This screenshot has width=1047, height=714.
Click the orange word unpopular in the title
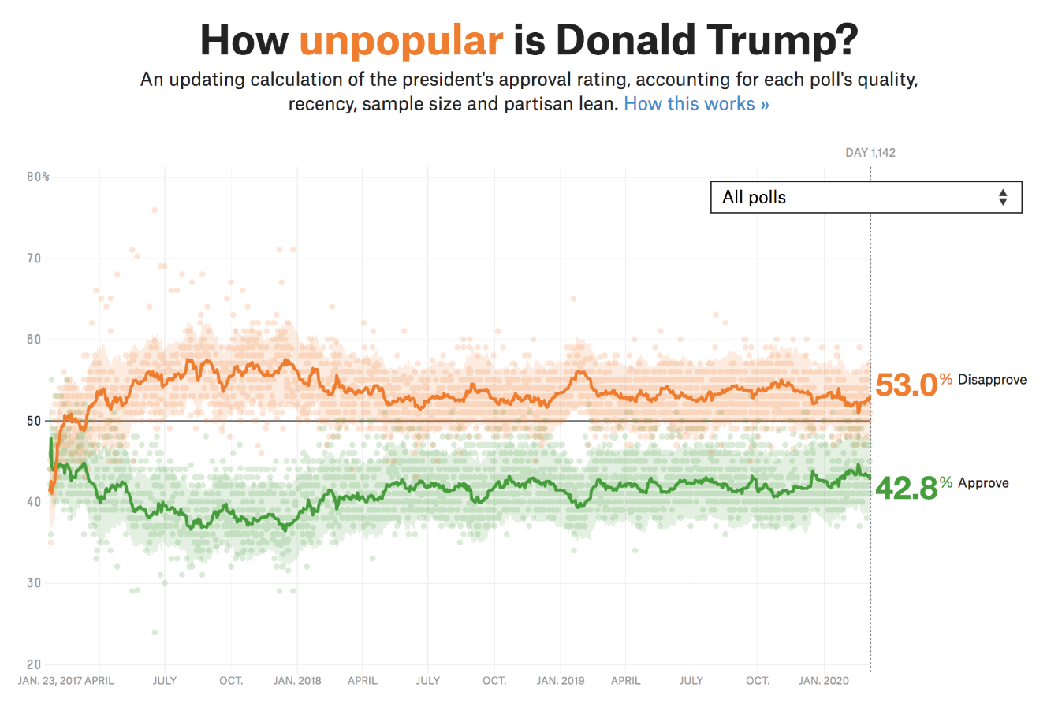[401, 40]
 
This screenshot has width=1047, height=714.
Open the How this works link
[696, 104]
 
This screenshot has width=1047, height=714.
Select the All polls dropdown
[866, 197]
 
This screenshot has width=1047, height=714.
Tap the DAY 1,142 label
[870, 152]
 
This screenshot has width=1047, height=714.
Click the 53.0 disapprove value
[906, 385]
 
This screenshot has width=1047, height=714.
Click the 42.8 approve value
[906, 488]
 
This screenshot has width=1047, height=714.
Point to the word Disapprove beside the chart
[992, 380]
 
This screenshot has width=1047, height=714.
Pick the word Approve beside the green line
[983, 483]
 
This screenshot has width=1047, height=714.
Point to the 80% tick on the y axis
[38, 177]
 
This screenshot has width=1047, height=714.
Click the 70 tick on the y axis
[33, 258]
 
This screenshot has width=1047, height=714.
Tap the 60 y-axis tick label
[33, 340]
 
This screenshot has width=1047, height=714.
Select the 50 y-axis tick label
[33, 421]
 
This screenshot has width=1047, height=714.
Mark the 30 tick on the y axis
[33, 583]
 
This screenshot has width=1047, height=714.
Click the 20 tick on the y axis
[33, 664]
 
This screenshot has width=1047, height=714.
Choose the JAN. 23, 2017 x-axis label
[50, 681]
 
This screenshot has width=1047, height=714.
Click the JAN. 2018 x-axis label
[297, 681]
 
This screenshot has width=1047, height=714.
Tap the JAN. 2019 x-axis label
[561, 681]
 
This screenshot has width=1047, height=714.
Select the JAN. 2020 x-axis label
[824, 681]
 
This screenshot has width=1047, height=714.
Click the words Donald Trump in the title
[706, 40]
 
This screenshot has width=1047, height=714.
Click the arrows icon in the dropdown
[1002, 197]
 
